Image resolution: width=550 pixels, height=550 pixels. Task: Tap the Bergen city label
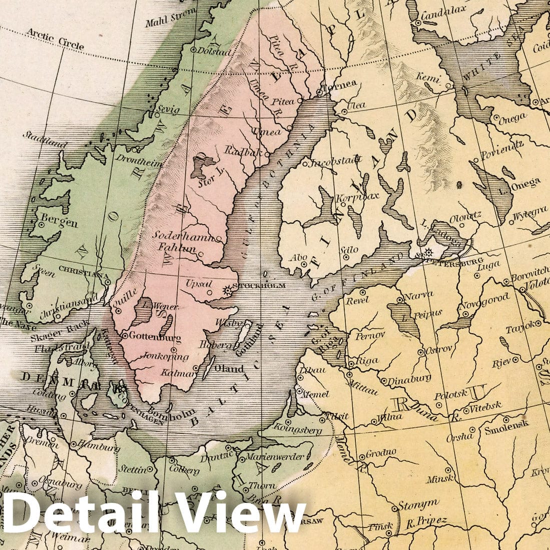click(59, 222)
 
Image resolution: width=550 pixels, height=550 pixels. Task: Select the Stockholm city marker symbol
click(228, 290)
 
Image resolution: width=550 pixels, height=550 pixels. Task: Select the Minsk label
click(439, 479)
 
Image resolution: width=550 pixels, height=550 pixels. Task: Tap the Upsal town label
click(197, 284)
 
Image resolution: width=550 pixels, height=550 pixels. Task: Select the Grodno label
click(381, 453)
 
